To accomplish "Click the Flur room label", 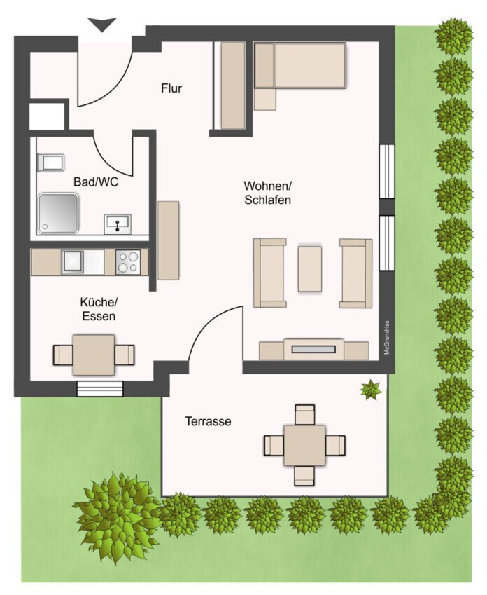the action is [171, 88].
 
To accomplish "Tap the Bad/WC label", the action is [96, 182].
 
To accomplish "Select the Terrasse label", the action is [208, 421].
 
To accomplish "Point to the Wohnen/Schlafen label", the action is [267, 193].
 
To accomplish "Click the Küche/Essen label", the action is [99, 309].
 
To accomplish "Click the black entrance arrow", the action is [102, 25].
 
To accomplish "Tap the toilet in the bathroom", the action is [51, 163].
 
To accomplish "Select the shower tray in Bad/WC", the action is [58, 214].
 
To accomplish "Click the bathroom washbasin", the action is [118, 224].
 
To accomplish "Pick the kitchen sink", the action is [73, 261].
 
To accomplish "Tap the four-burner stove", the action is [128, 262].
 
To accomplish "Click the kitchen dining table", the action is [94, 355].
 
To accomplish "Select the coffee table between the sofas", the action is [310, 268].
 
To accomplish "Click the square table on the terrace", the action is [304, 445].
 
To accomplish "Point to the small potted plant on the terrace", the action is [371, 390].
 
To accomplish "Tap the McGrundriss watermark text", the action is [386, 338].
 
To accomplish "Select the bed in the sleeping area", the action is [300, 66].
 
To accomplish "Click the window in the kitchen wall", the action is [100, 388].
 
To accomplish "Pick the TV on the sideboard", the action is [313, 349].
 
